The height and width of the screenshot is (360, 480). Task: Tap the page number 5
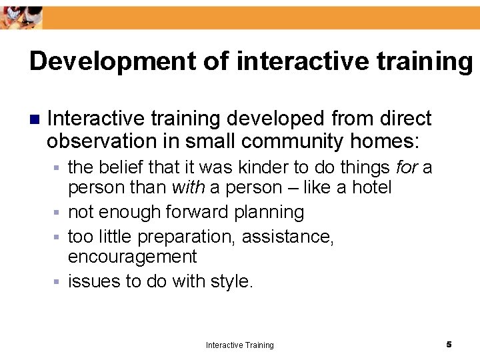[x=449, y=344]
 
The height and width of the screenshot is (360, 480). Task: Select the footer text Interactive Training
[x=239, y=345]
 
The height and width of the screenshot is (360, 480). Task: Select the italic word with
[x=188, y=188]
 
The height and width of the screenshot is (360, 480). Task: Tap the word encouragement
[x=133, y=257]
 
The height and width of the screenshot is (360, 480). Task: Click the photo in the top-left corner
[x=21, y=15]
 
